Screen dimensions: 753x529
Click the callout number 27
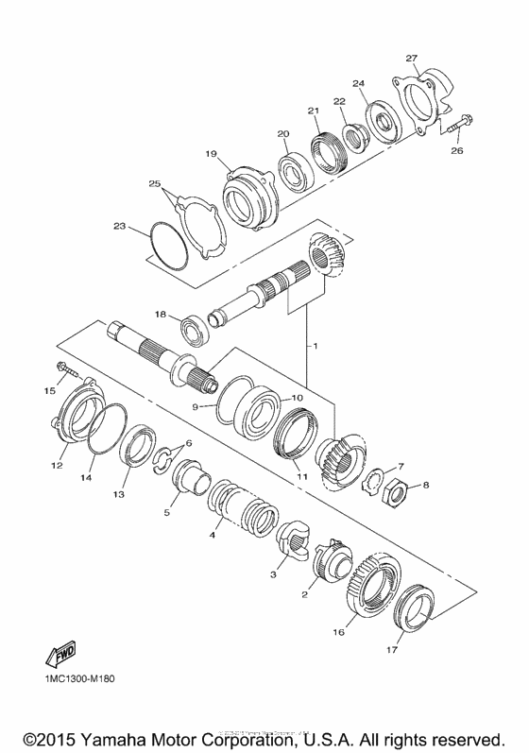point(411,57)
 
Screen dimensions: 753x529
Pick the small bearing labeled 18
point(196,327)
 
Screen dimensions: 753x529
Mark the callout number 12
point(57,465)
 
